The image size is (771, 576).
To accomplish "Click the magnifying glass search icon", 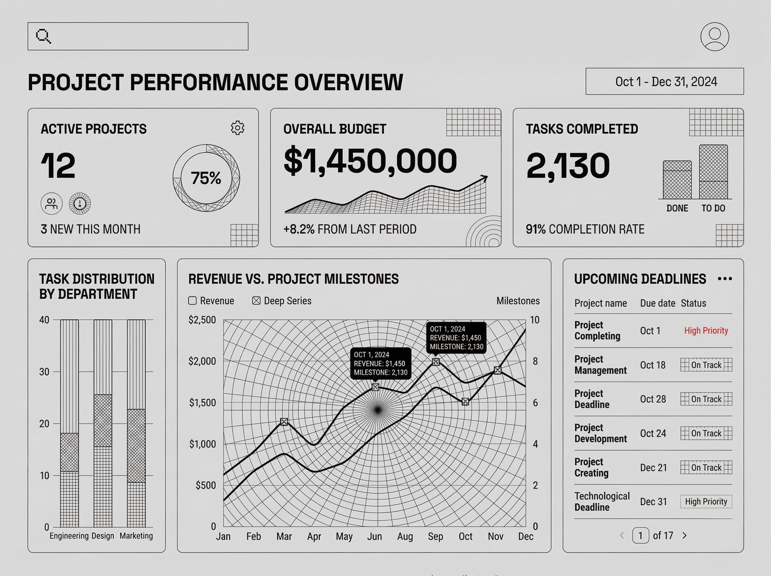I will [x=43, y=36].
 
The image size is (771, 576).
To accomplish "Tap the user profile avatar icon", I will [x=714, y=37].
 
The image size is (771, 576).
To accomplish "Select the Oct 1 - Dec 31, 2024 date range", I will [x=664, y=82].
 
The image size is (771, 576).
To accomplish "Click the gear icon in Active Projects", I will [x=237, y=128].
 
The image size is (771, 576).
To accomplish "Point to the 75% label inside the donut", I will [x=206, y=178].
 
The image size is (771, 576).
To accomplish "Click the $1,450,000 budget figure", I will [x=370, y=161].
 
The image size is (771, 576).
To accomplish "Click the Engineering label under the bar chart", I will [x=69, y=536].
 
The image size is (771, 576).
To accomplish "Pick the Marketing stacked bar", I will [x=136, y=423].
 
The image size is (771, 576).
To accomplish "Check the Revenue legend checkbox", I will [x=192, y=301].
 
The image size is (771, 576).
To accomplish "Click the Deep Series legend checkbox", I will [x=256, y=301].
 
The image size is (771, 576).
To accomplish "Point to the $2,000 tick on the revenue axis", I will [x=202, y=361].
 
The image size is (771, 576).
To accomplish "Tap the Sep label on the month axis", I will [x=435, y=536].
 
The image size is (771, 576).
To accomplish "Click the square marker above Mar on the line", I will [x=284, y=422].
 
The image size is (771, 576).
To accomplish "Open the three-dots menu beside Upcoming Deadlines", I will [x=725, y=279].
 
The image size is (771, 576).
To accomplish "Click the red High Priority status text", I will [x=706, y=331].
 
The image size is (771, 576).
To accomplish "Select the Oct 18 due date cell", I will [x=652, y=365].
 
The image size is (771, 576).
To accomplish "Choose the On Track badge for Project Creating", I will [x=706, y=468].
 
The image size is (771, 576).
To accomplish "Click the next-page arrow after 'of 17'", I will [x=685, y=535].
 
